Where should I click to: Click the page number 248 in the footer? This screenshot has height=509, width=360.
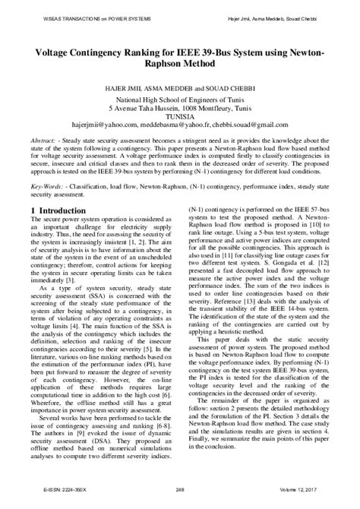[180, 500]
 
